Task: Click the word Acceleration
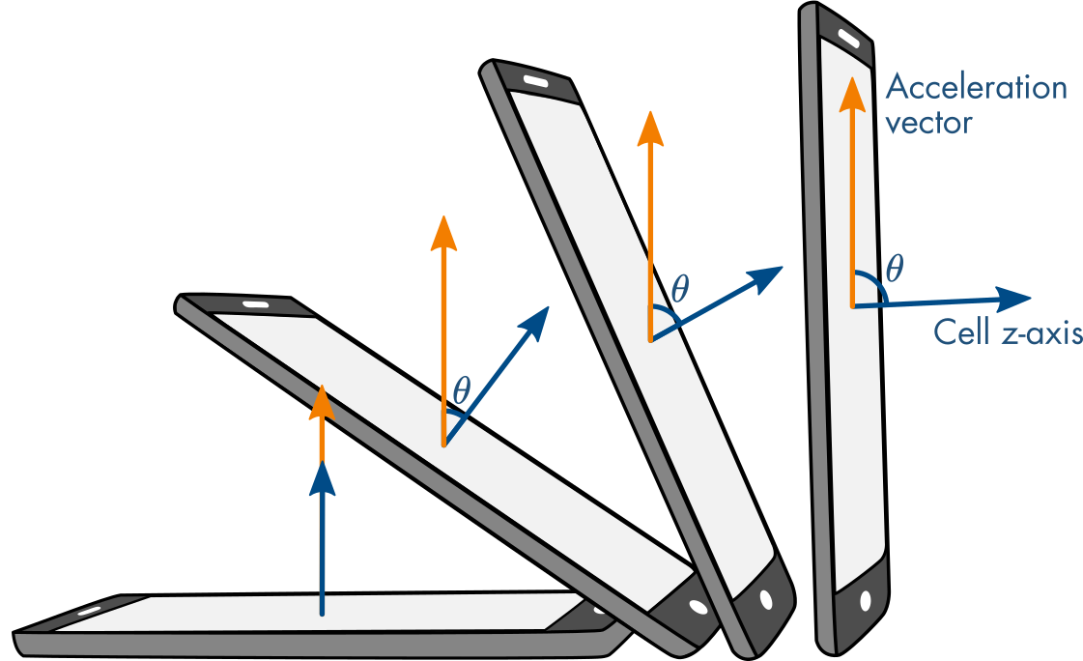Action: click(x=976, y=88)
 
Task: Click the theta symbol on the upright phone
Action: click(x=894, y=268)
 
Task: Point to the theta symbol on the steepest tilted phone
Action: click(x=680, y=287)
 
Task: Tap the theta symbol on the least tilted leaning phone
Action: click(x=462, y=390)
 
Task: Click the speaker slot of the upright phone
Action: click(x=847, y=39)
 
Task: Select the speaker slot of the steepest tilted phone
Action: click(x=535, y=80)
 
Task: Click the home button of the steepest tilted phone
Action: click(x=766, y=599)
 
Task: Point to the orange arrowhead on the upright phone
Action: click(x=851, y=93)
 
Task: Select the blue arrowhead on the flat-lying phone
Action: click(x=323, y=478)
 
